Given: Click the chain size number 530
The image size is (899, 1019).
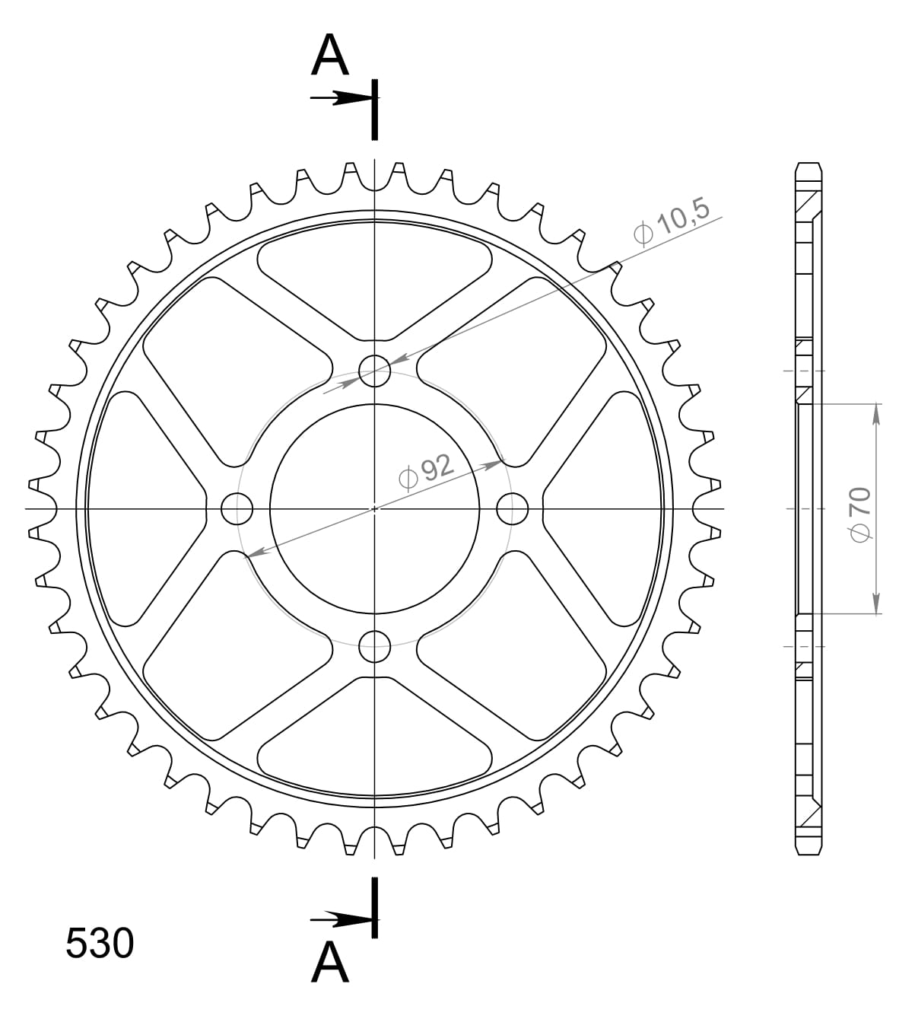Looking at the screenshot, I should pyautogui.click(x=100, y=944).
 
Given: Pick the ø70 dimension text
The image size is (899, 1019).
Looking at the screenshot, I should pyautogui.click(x=860, y=515).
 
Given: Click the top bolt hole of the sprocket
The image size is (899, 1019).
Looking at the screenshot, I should pyautogui.click(x=374, y=371).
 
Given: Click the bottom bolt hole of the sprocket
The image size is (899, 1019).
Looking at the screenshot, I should pyautogui.click(x=374, y=647).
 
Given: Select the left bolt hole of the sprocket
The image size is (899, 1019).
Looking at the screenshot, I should pyautogui.click(x=237, y=508).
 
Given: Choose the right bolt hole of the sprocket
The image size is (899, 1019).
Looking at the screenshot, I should pyautogui.click(x=513, y=508).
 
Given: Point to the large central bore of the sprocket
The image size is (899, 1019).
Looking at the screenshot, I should pyautogui.click(x=374, y=508).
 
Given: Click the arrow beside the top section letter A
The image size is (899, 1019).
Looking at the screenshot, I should pyautogui.click(x=342, y=98).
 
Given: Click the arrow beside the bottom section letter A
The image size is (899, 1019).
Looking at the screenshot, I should pyautogui.click(x=342, y=919).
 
